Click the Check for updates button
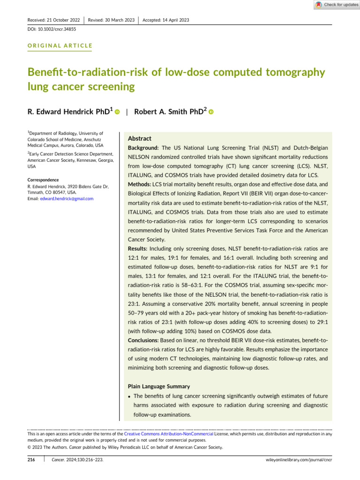(337, 5)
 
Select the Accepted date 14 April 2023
(165, 20)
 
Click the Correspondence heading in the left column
(43, 180)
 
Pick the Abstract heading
(140, 139)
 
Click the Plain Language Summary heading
(159, 387)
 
